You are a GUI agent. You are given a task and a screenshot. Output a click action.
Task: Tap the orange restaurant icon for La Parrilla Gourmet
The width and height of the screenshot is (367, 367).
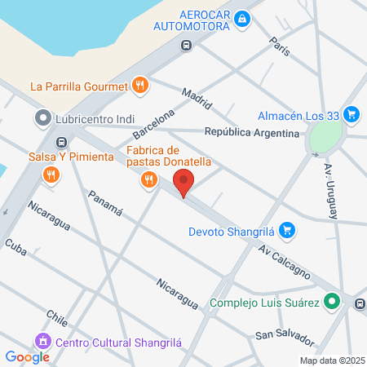pos(140,85)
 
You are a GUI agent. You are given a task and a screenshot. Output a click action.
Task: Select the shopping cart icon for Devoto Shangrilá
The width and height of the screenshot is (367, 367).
pos(285,230)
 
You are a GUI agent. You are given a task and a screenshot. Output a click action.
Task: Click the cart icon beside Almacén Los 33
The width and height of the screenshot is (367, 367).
pos(352,114)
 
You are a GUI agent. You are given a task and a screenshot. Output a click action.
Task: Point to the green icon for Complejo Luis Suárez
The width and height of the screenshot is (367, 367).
pos(331,302)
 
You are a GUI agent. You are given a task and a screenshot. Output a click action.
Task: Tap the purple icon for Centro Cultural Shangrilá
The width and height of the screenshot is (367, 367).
pos(40,340)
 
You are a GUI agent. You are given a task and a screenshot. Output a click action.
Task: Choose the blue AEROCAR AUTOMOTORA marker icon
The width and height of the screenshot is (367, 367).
pos(242,19)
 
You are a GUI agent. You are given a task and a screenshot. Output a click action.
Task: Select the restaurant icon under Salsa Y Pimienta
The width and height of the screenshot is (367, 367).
pos(51,174)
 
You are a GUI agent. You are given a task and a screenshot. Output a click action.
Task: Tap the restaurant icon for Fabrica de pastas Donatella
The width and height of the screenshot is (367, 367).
pos(148,180)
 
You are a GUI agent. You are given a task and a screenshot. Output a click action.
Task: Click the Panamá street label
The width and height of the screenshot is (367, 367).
pos(104,202)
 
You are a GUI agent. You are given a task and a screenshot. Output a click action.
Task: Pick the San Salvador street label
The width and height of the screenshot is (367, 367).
pos(284,335)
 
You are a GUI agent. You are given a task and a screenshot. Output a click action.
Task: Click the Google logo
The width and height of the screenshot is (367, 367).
pos(27,356)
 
